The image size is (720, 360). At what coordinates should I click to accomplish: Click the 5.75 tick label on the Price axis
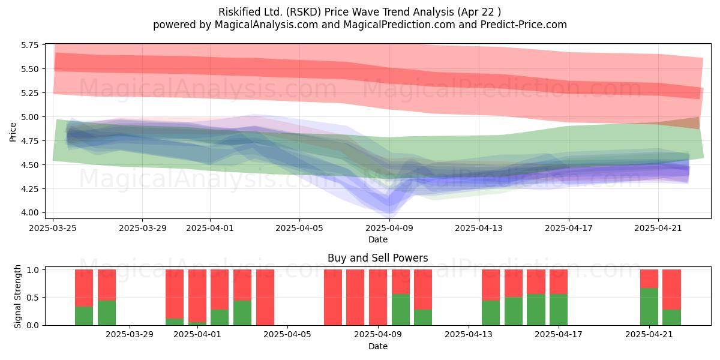tap(29, 45)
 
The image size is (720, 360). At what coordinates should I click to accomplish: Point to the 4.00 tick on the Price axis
tap(29, 213)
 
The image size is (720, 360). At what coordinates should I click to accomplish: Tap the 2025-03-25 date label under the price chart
tap(53, 228)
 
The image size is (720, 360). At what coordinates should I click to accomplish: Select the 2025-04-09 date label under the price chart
tap(389, 228)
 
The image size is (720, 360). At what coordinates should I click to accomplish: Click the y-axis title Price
tap(13, 132)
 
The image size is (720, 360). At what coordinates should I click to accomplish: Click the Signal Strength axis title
tap(17, 296)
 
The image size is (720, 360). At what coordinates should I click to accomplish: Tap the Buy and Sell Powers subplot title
tap(377, 258)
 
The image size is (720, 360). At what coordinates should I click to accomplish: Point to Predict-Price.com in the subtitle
tap(523, 25)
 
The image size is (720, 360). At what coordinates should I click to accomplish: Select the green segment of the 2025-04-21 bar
tap(649, 307)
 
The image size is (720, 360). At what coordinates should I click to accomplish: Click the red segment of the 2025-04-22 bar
tap(671, 289)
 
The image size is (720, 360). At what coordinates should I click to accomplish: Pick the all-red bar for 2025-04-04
tap(265, 298)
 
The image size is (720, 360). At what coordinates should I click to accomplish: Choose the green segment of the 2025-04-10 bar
tap(422, 317)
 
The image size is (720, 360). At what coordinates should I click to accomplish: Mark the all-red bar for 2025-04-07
tap(332, 298)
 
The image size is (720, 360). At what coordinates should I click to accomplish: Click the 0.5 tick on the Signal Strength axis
tap(32, 298)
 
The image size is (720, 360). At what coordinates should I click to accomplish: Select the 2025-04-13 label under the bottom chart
tap(468, 335)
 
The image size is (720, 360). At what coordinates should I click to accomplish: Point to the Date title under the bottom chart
tap(377, 347)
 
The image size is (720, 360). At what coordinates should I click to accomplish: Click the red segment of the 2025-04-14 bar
tap(491, 285)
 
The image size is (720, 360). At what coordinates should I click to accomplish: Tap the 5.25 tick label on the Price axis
tap(29, 93)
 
